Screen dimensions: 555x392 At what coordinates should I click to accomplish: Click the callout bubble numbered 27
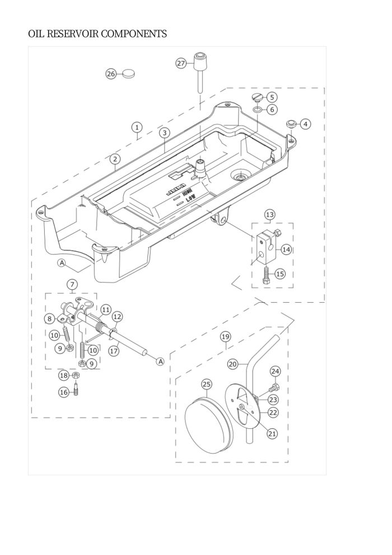181,63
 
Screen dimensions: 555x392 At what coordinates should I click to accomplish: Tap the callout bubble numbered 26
111,74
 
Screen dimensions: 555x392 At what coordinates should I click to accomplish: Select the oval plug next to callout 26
128,73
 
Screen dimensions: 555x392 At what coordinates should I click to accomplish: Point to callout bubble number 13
269,215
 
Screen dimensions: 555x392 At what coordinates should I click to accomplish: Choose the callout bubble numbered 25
207,384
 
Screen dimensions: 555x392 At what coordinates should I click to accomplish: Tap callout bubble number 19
225,337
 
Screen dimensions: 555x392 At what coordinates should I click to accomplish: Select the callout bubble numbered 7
72,284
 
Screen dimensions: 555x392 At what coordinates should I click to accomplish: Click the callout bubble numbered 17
114,351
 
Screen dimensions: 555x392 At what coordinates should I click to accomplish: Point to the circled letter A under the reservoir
62,262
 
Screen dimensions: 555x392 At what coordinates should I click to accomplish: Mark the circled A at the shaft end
160,362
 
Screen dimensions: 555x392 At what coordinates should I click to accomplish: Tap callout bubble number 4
306,123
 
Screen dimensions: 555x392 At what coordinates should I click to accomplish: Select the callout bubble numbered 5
272,97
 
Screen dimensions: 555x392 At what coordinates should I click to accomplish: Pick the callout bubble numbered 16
63,392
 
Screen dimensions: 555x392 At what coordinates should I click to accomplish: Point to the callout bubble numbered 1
137,127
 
